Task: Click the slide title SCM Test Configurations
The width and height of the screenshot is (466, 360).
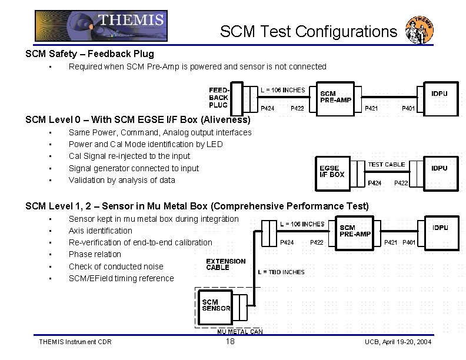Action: (x=309, y=31)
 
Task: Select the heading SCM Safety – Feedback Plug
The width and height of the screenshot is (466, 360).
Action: (x=89, y=54)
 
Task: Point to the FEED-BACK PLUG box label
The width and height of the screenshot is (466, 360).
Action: (x=218, y=98)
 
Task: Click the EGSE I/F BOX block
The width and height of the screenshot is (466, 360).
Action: (x=332, y=171)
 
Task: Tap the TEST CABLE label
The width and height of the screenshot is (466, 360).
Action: (x=387, y=165)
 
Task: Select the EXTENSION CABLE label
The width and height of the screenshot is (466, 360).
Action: (x=225, y=264)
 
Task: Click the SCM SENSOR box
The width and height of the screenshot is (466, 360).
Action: (x=217, y=305)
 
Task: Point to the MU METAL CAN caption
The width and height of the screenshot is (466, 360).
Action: (x=240, y=332)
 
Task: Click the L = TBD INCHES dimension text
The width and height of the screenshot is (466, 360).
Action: (x=281, y=272)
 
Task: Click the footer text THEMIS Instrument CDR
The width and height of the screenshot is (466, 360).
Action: (x=75, y=342)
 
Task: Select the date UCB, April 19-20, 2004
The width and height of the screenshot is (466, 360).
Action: (x=398, y=342)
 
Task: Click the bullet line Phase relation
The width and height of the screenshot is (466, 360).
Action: (x=95, y=254)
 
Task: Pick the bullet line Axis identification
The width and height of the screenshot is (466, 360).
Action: (x=101, y=231)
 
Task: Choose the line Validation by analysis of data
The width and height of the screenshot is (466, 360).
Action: (x=122, y=180)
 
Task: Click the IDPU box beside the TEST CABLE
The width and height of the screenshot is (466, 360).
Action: (x=440, y=168)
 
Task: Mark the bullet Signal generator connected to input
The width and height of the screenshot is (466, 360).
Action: (x=134, y=168)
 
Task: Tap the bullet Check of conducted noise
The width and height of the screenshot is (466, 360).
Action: (x=116, y=266)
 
